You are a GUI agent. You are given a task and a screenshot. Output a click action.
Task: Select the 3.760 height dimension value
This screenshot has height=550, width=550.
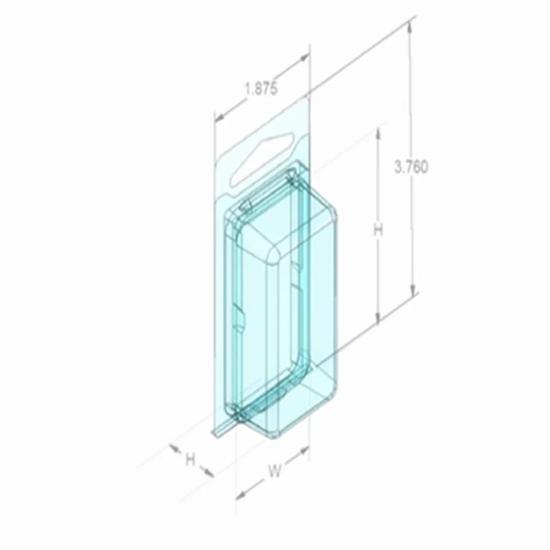411,167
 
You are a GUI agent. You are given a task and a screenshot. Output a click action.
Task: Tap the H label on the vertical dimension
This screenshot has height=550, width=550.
378,230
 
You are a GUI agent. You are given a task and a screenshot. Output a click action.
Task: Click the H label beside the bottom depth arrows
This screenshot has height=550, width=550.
190,458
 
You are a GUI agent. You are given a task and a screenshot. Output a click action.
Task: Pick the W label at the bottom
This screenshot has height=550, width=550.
275,471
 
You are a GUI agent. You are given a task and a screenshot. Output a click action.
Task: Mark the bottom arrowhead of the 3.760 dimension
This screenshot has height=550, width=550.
411,293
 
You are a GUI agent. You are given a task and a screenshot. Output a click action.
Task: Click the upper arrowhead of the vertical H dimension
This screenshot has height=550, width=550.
378,132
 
